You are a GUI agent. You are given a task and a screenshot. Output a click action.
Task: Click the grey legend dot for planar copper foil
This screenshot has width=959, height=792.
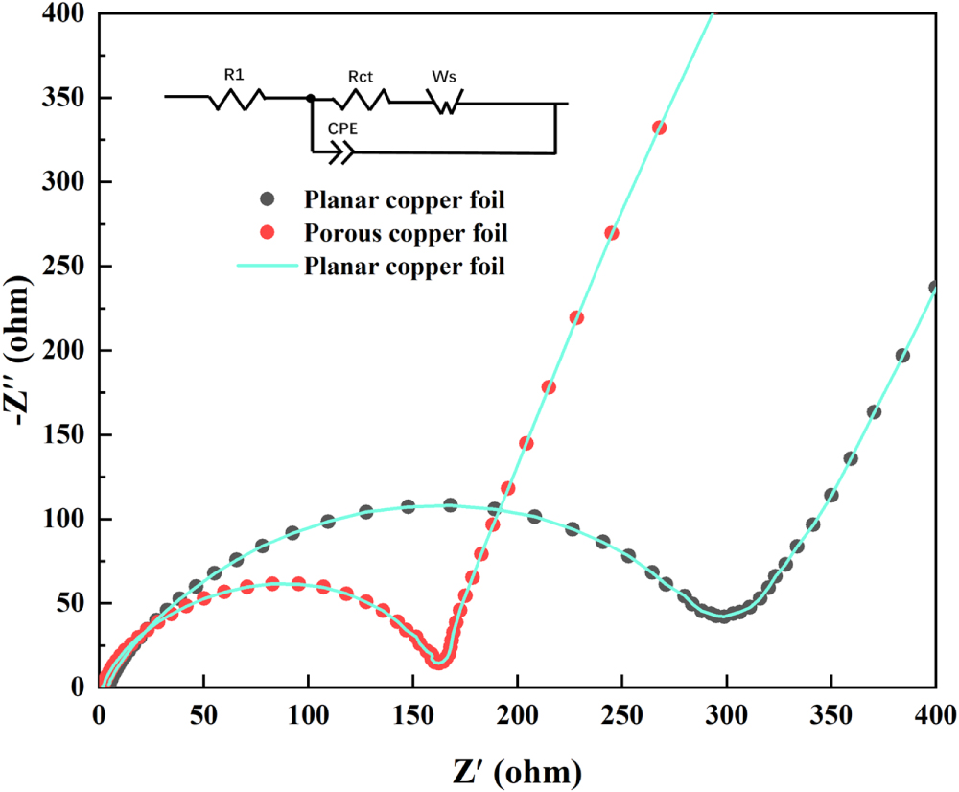(269, 199)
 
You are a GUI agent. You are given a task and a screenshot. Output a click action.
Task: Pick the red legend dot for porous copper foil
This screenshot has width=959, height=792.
(269, 233)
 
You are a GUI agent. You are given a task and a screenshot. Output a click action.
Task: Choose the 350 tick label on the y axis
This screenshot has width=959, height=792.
(67, 98)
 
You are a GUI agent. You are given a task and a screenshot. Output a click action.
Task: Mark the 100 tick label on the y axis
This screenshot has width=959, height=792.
(67, 519)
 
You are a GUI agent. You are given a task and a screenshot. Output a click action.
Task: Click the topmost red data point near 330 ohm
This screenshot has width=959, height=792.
(659, 128)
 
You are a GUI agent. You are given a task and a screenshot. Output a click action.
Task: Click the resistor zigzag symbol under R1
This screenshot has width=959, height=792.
(235, 98)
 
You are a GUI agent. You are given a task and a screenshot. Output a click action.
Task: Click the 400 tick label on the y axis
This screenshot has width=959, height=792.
(67, 14)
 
